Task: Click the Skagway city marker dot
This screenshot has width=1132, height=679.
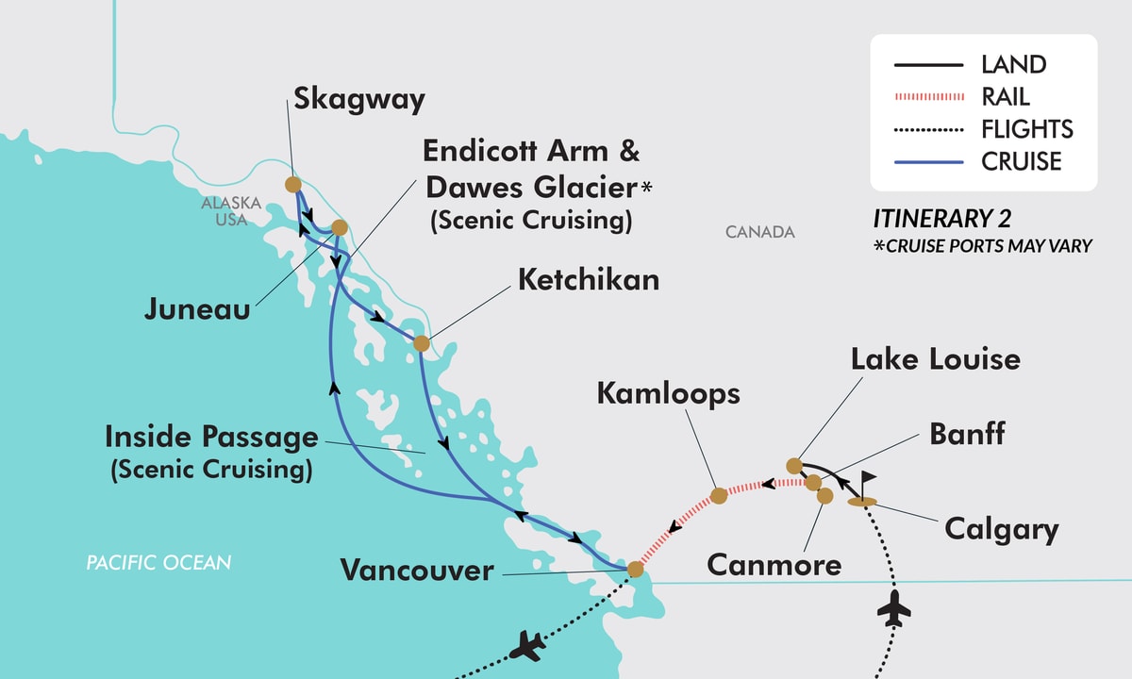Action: (292, 185)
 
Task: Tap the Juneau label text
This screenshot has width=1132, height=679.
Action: (197, 308)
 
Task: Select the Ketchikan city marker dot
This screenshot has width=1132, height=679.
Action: (421, 343)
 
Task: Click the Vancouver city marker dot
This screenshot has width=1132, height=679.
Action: (635, 570)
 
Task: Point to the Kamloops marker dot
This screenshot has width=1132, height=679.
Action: (718, 494)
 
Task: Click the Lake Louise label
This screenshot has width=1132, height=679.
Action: (935, 359)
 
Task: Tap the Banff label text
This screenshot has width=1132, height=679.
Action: (967, 434)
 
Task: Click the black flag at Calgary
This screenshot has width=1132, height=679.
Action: (866, 483)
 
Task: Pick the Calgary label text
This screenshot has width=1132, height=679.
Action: (1001, 529)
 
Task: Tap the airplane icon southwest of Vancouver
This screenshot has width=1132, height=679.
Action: (526, 648)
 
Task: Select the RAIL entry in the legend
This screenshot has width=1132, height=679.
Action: (1005, 96)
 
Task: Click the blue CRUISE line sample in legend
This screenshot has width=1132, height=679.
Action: (928, 162)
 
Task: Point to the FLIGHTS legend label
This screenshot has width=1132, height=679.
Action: (1026, 129)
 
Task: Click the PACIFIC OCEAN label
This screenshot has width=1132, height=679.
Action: (158, 563)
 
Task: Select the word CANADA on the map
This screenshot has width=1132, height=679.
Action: (760, 232)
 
